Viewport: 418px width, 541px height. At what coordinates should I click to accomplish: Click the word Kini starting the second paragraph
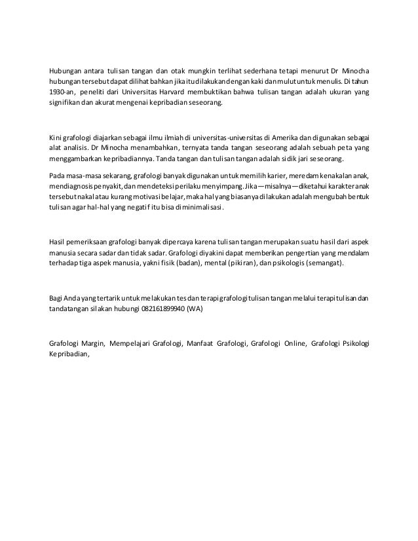click(x=56, y=137)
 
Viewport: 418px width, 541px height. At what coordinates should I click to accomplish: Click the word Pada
click(x=58, y=176)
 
